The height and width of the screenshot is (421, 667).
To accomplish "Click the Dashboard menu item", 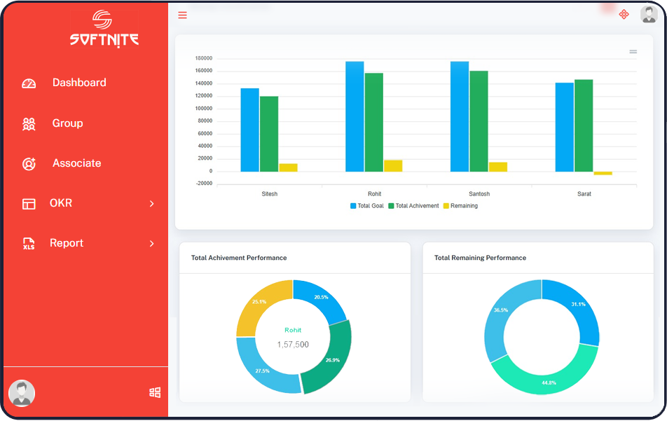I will [x=78, y=83].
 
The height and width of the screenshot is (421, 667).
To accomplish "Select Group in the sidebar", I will [x=67, y=123].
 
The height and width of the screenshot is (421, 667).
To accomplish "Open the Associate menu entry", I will [x=76, y=163].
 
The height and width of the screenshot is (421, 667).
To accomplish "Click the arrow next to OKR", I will [x=152, y=204].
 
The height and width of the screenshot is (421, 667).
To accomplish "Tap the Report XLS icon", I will [x=29, y=244].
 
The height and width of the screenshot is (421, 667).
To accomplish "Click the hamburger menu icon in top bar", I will [x=182, y=15].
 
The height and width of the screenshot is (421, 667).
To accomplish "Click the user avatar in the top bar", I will [x=649, y=14].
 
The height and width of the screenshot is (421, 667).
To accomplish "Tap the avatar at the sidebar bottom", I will [x=22, y=393].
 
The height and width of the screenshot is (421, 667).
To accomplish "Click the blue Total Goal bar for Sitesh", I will [x=249, y=130].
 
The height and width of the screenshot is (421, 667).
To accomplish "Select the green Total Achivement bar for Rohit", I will [x=373, y=123].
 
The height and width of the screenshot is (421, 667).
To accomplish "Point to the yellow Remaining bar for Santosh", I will [x=498, y=167].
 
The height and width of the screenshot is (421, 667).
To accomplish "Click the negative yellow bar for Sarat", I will [x=603, y=173].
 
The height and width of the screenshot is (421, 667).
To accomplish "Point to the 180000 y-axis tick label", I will [x=204, y=58].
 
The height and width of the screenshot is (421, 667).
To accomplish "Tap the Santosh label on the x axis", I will [x=479, y=194].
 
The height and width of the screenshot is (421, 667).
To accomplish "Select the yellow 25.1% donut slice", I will [x=261, y=305].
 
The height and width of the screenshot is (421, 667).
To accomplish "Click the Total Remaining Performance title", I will [x=480, y=258].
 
